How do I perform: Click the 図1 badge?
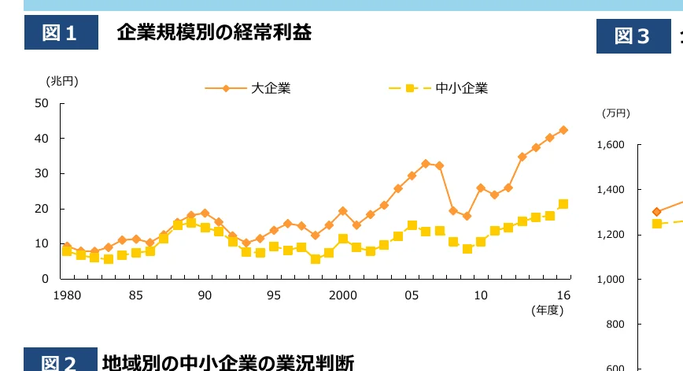[61, 33]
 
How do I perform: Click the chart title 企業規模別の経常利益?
[213, 33]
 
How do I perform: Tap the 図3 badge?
[633, 35]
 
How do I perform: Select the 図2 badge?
[60, 362]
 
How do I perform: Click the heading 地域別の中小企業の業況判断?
[228, 362]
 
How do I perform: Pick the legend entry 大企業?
[271, 88]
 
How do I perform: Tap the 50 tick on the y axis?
[42, 103]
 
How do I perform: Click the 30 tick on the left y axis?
[42, 173]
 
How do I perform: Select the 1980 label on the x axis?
[67, 295]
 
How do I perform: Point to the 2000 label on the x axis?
[343, 295]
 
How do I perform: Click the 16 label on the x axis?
[563, 295]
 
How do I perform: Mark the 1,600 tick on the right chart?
[611, 145]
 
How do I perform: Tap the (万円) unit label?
[616, 113]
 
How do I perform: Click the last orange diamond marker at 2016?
[563, 130]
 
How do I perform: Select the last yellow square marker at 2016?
[563, 204]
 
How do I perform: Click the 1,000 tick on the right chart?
[611, 280]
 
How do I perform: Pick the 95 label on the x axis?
[274, 295]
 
